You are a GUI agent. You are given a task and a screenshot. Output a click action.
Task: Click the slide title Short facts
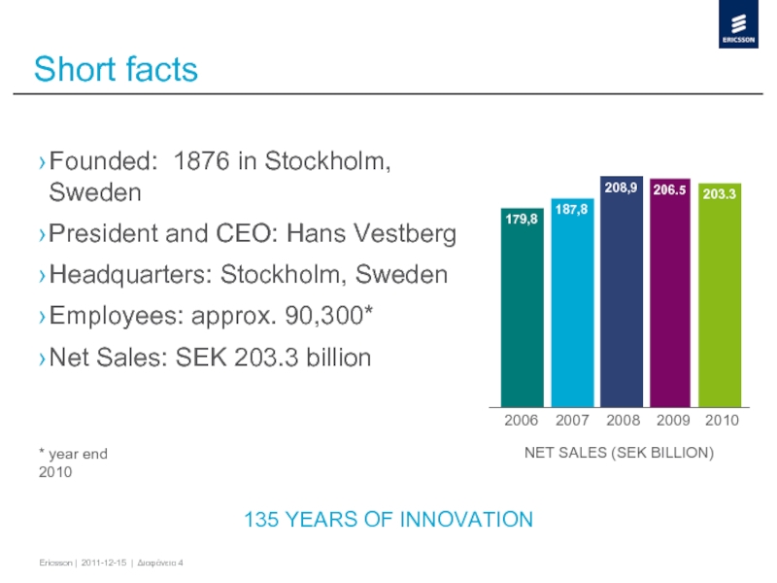pyautogui.click(x=116, y=70)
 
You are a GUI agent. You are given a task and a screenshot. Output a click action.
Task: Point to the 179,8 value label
pyautogui.click(x=523, y=220)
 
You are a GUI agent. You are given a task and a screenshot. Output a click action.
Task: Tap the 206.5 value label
pyautogui.click(x=670, y=191)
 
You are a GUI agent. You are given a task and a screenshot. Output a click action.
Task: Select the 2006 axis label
pyautogui.click(x=522, y=421)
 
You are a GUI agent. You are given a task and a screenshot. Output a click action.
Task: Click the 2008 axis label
pyautogui.click(x=622, y=421)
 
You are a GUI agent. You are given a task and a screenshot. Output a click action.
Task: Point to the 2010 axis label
pyautogui.click(x=722, y=421)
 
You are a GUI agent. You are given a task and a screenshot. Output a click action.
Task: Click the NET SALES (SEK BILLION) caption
pyautogui.click(x=620, y=453)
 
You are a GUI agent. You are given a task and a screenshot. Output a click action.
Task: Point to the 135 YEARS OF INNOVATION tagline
pyautogui.click(x=388, y=520)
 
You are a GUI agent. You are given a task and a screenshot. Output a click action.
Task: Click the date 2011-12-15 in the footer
pyautogui.click(x=104, y=565)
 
